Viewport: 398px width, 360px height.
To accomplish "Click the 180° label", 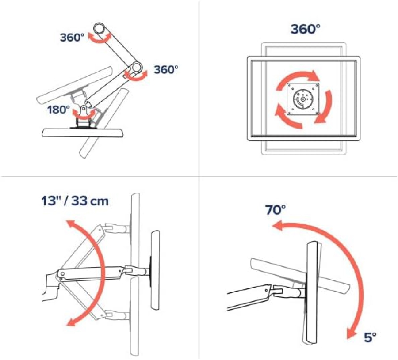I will (59, 110).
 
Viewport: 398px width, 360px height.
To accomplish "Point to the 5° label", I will (370, 337).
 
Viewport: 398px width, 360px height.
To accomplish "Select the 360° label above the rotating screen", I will (305, 30).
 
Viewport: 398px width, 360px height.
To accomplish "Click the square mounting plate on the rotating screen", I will (303, 99).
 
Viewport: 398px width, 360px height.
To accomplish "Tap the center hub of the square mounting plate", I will (303, 99).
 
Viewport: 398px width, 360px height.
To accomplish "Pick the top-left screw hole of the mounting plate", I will (291, 87).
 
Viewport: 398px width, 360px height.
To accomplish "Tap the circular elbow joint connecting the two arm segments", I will (136, 68).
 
